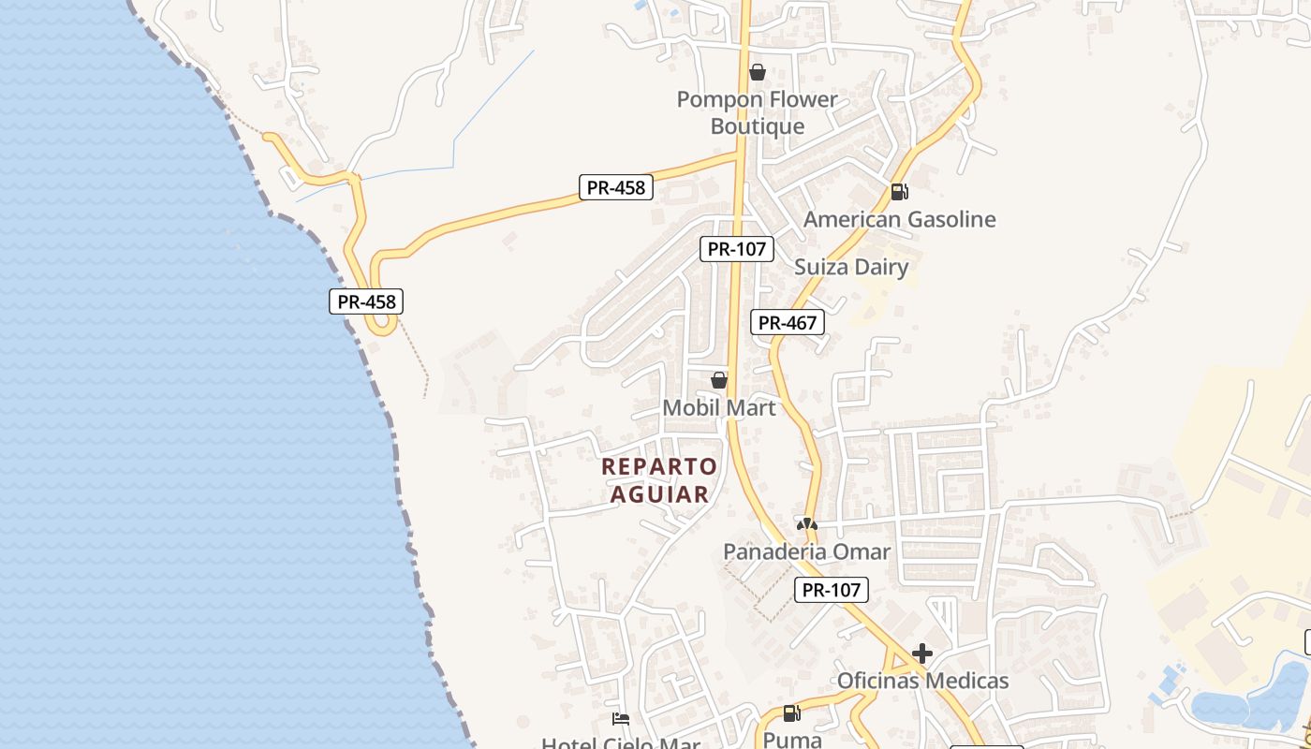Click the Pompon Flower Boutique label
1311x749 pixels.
tap(757, 112)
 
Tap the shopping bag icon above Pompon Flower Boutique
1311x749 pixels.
tap(758, 72)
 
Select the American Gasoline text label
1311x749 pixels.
tap(899, 219)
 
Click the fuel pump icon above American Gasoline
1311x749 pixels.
tap(899, 192)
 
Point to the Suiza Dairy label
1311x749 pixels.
tap(851, 267)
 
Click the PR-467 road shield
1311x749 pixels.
tap(788, 322)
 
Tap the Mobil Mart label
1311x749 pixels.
tap(719, 407)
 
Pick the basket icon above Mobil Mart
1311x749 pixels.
tap(719, 380)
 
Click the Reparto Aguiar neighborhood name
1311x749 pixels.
tap(659, 479)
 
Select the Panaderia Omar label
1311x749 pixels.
tap(806, 551)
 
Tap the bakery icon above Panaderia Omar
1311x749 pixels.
tap(806, 524)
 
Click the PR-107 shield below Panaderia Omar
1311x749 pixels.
tap(832, 590)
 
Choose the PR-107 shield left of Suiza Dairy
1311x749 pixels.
tap(737, 249)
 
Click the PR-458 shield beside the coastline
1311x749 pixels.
tap(366, 301)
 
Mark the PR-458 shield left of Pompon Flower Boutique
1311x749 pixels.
tap(615, 187)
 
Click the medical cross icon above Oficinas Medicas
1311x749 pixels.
tap(922, 654)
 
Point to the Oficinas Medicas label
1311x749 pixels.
tap(922, 681)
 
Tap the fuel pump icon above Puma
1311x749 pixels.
tap(791, 713)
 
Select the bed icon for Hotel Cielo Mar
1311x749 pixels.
tap(620, 719)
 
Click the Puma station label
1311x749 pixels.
tap(791, 740)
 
